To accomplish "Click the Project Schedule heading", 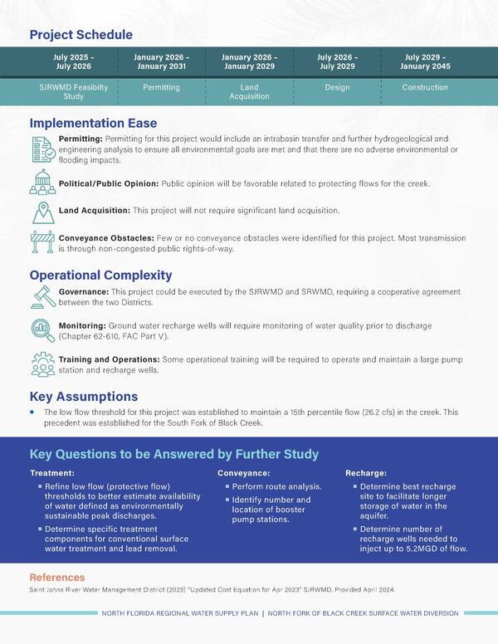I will pos(81,35).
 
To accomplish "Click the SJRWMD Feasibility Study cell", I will pos(73,91).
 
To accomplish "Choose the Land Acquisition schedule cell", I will pos(249,91).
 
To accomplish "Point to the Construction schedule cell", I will pos(426,87).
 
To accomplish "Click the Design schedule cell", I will pos(336,87).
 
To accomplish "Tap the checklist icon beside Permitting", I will pos(42,149).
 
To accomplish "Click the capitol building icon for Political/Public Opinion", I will pos(42,183).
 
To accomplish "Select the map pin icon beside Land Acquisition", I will pos(42,212).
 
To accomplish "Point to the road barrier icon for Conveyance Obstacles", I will pos(42,242).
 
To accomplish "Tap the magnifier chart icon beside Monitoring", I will pos(42,330).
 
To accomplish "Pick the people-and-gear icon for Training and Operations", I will pos(42,364).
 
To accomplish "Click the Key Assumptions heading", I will pos(84,397).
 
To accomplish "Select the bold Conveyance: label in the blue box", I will pos(244,472).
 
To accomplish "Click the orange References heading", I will pos(57,578).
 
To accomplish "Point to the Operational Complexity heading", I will pos(101,275).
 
